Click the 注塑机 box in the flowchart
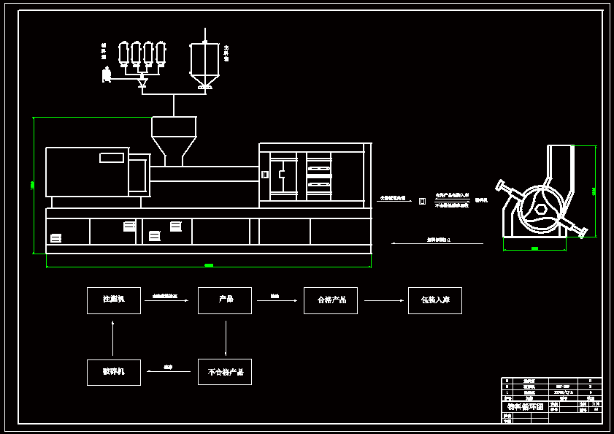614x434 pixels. [x=114, y=300]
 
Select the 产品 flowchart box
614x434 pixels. [x=225, y=300]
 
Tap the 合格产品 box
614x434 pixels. [x=331, y=300]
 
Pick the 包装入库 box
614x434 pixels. [x=435, y=300]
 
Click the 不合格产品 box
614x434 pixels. [x=225, y=372]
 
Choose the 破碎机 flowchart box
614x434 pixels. [x=114, y=372]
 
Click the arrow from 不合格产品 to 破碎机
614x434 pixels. [x=169, y=371]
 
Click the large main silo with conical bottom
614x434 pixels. [x=205, y=63]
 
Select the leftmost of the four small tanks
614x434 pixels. [x=123, y=53]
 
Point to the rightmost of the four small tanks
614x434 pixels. [x=161, y=53]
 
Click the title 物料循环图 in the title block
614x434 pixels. [x=526, y=406]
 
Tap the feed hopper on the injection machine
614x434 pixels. [x=174, y=138]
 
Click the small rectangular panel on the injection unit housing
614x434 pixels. [x=112, y=158]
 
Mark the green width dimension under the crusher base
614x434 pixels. [x=534, y=249]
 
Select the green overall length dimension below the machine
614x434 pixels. [x=209, y=265]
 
